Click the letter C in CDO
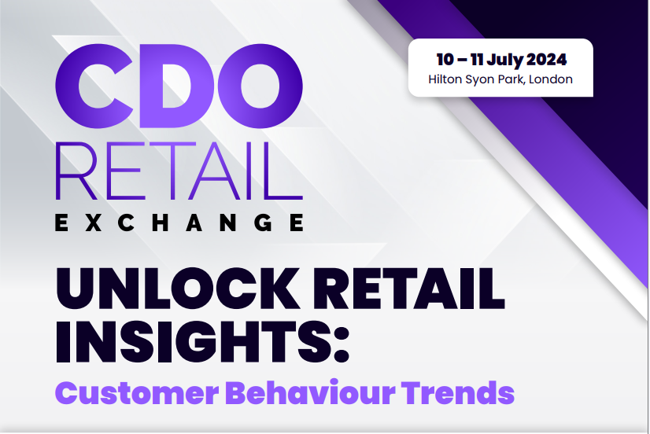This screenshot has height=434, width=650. coord(94,86)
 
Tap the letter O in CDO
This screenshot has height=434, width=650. coord(260,86)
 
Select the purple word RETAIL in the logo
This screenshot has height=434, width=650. coord(179,171)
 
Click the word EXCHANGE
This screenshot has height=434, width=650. coord(179,223)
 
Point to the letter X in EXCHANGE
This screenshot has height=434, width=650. coord(94,223)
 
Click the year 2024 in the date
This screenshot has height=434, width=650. coord(546,60)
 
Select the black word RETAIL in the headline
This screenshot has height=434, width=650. coord(408,289)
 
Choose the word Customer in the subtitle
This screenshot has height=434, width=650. coord(137,392)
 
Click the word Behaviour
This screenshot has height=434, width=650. coord(310,392)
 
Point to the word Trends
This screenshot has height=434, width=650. coord(458,392)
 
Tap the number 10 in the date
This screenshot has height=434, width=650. coord(445,60)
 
